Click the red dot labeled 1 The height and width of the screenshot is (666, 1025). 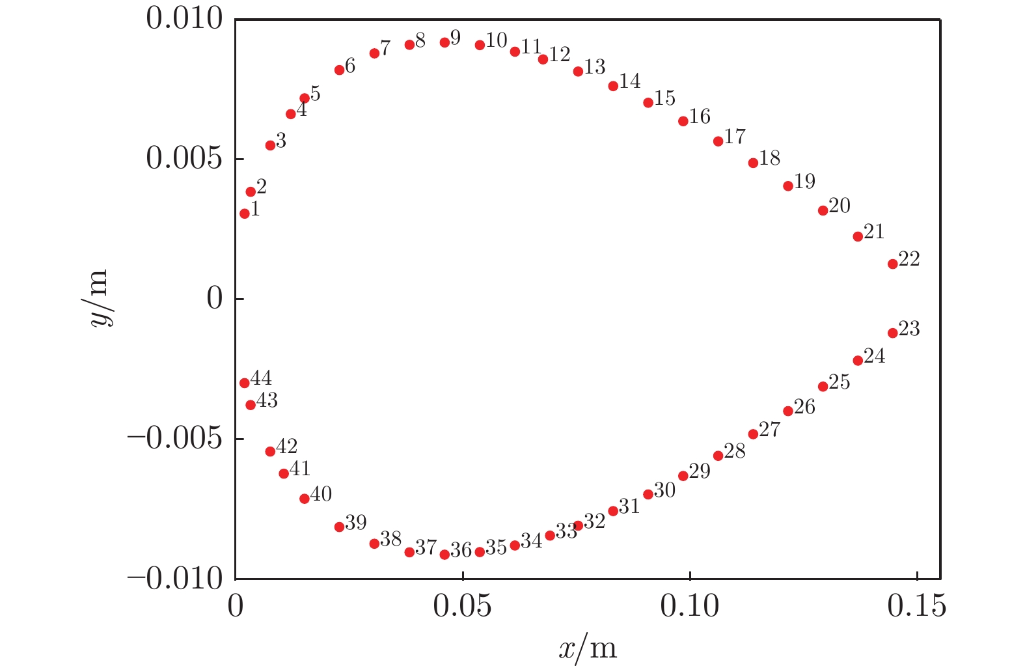245,214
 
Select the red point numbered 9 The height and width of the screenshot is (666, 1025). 444,42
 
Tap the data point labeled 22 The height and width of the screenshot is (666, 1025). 892,264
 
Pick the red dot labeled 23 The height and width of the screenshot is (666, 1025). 892,333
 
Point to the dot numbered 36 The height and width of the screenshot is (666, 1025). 444,555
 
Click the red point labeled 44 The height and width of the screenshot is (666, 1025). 245,383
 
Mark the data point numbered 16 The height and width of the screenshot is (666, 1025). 683,121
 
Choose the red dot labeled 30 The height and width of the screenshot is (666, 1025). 648,494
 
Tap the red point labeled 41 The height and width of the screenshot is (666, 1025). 284,473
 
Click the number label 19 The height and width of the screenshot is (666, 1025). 804,182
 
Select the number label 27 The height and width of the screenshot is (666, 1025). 769,430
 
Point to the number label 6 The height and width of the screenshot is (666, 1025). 350,66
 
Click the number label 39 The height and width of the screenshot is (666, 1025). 355,523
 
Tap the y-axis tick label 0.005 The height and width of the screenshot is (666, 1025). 184,159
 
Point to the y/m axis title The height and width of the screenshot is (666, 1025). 102,299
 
